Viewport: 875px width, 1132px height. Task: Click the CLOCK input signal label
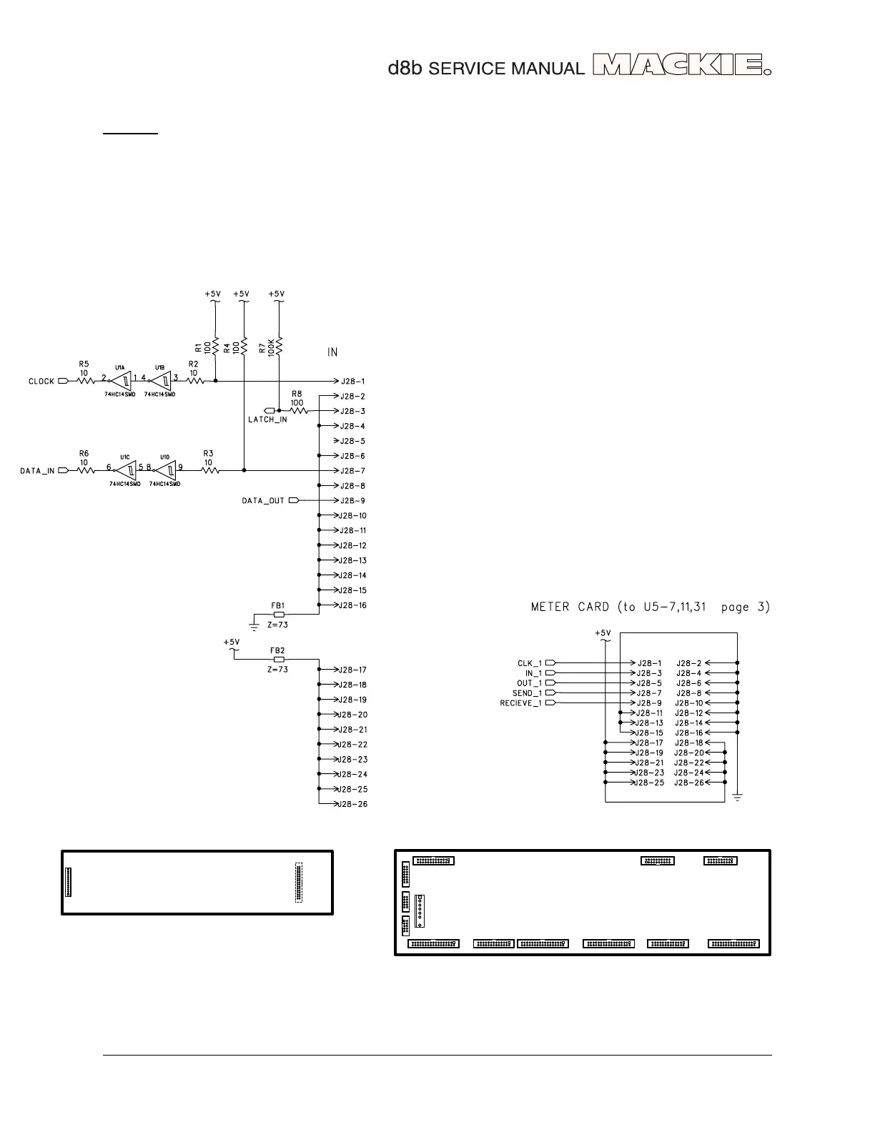pyautogui.click(x=41, y=382)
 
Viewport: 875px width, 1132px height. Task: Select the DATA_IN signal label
pyautogui.click(x=37, y=471)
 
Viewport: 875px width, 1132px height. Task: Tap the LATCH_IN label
pyautogui.click(x=267, y=419)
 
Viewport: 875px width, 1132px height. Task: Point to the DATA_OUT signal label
pyautogui.click(x=263, y=501)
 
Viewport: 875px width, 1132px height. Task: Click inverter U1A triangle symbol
pyautogui.click(x=122, y=381)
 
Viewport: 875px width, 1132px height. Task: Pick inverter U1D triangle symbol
pyautogui.click(x=167, y=470)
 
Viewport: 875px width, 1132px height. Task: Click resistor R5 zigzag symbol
pyautogui.click(x=84, y=381)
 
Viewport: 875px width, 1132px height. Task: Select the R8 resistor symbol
pyautogui.click(x=297, y=411)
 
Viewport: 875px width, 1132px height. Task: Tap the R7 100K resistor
pyautogui.click(x=279, y=348)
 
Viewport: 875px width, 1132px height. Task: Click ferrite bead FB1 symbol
pyautogui.click(x=279, y=614)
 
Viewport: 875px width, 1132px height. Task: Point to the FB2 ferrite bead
pyautogui.click(x=279, y=659)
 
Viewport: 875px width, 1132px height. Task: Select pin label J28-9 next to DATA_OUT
pyautogui.click(x=352, y=501)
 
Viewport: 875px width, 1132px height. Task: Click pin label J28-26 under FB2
pyautogui.click(x=352, y=805)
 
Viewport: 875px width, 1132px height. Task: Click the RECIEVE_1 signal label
pyautogui.click(x=521, y=703)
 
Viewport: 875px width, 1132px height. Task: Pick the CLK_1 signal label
pyautogui.click(x=530, y=663)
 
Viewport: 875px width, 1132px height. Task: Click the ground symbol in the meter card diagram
pyautogui.click(x=737, y=796)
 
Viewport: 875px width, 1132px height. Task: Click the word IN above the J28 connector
pyautogui.click(x=332, y=352)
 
